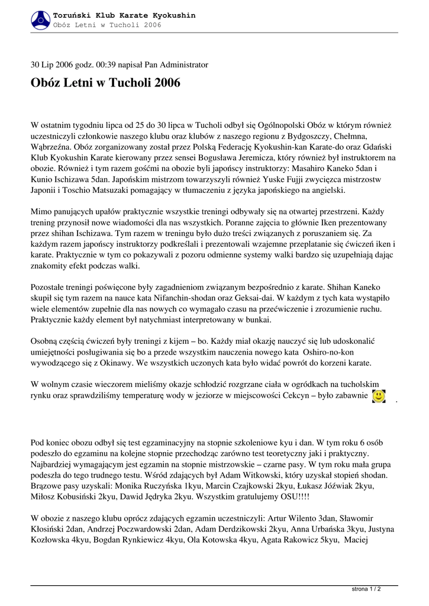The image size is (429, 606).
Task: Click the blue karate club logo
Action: [x=40, y=20]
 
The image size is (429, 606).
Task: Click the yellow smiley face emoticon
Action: [x=379, y=395]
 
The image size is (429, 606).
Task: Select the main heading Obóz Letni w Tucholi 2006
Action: [x=105, y=83]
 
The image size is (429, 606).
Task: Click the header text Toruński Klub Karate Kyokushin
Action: [x=124, y=15]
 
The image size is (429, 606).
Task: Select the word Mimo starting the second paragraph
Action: [x=41, y=212]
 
